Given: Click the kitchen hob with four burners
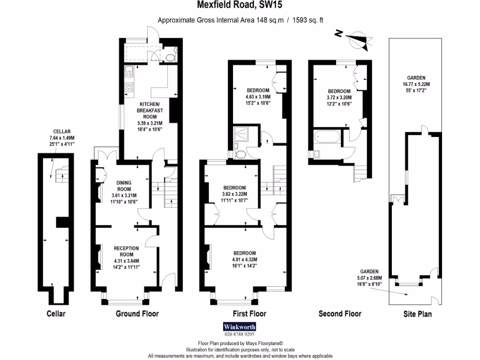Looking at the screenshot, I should (x=129, y=87).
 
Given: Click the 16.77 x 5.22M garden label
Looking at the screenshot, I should (x=415, y=84).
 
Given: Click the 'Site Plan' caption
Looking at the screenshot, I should (x=417, y=314).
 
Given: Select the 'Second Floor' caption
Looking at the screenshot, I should (x=340, y=314).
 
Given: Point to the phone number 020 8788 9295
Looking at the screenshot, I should (x=239, y=335).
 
